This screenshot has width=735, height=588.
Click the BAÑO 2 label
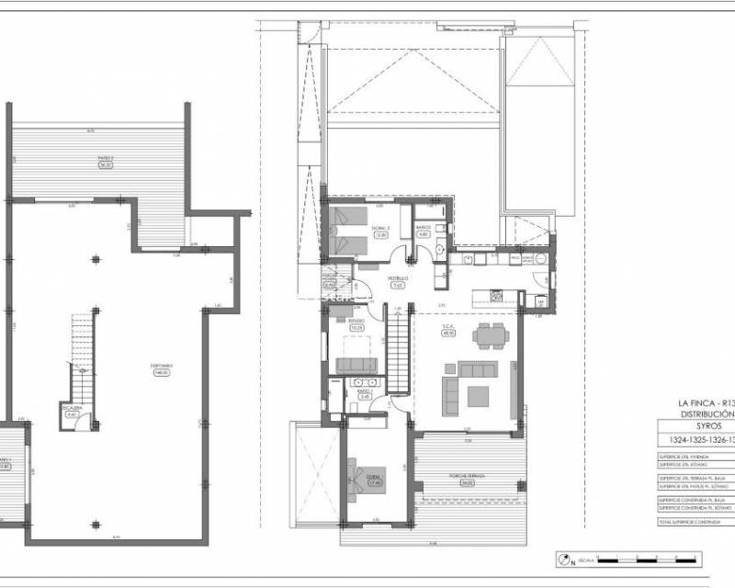click(x=424, y=230)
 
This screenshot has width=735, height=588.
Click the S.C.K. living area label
click(x=449, y=330)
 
